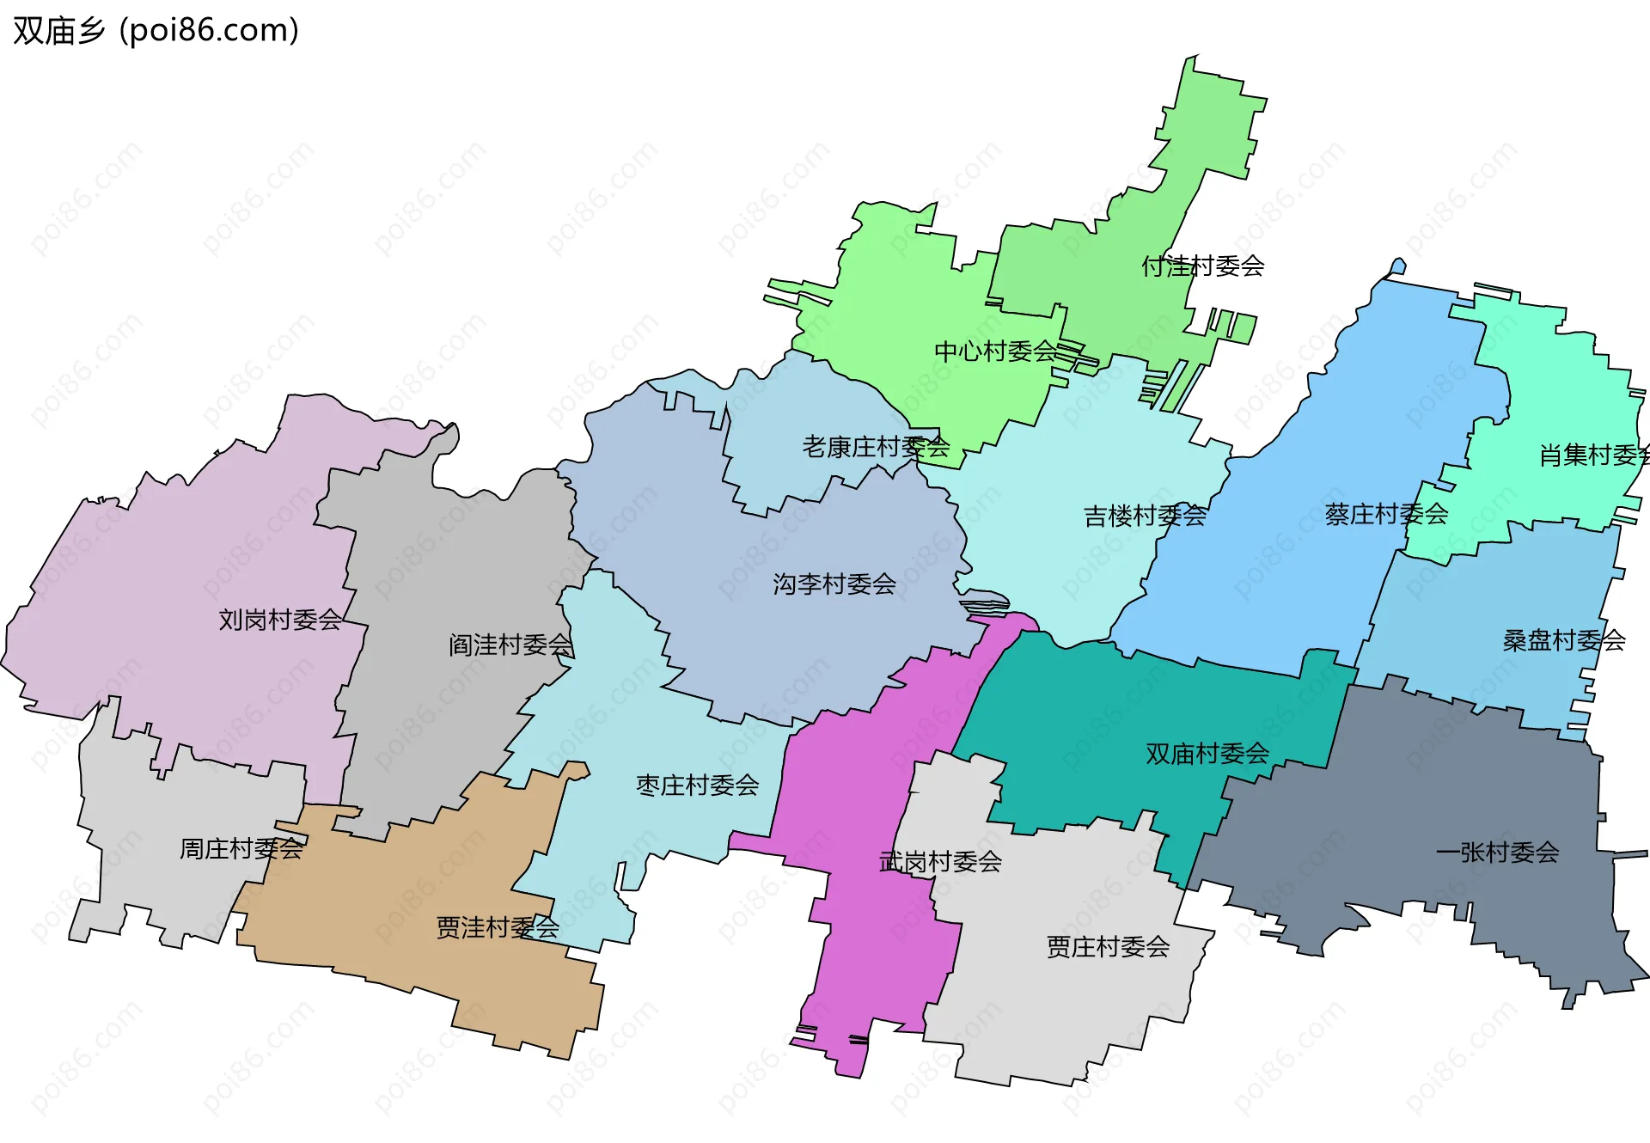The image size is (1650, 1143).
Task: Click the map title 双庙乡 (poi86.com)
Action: (x=156, y=30)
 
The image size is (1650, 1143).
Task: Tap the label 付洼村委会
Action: (x=1202, y=266)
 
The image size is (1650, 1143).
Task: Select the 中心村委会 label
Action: (x=995, y=351)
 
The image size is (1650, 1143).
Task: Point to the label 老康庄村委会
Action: (x=876, y=447)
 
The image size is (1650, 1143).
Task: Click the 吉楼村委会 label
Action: (x=1145, y=516)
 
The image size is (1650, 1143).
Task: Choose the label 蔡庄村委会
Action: (x=1386, y=515)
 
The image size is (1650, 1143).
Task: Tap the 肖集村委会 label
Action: (x=1593, y=455)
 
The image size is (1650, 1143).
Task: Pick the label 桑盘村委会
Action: (x=1563, y=640)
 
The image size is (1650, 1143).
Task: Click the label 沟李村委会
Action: (x=834, y=584)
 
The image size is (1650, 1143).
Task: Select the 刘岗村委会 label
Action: (x=280, y=620)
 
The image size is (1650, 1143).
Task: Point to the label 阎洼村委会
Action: (x=510, y=645)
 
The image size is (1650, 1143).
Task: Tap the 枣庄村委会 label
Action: (x=697, y=785)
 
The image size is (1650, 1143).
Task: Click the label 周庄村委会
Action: (x=241, y=849)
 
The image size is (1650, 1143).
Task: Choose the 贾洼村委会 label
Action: (x=498, y=928)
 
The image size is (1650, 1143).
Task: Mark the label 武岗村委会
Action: (x=940, y=862)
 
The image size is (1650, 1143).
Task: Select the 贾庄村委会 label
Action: (x=1108, y=947)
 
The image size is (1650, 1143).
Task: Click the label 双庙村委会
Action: (x=1207, y=755)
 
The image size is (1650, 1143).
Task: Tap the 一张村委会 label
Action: (x=1497, y=853)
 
